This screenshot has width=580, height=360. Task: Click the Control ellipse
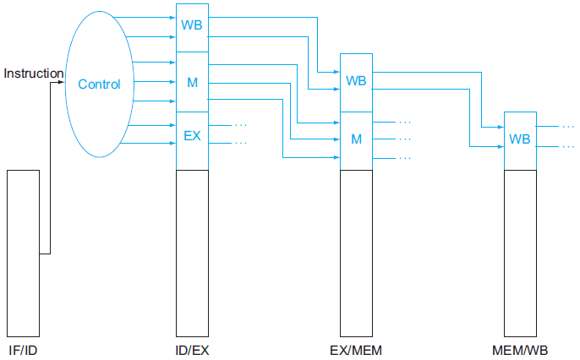point(99,84)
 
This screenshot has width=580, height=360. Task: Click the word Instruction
point(34,74)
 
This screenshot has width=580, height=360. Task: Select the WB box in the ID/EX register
point(192,24)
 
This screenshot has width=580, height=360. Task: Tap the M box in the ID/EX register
point(192,82)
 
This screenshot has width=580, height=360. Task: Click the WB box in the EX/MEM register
point(356,81)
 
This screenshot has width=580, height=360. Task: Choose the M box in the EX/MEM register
point(356,139)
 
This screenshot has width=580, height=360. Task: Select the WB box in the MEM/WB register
point(520,139)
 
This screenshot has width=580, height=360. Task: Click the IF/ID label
point(22,349)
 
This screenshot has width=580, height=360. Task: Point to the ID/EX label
point(192,349)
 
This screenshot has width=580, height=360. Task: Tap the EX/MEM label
point(356,349)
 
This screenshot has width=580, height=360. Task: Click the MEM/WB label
point(520,349)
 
